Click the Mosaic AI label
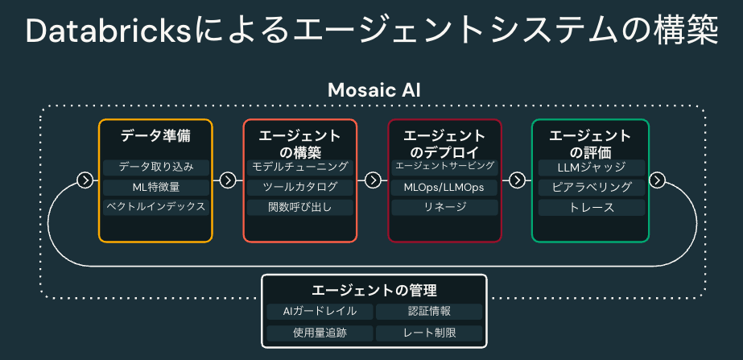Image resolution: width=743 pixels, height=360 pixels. (x=374, y=90)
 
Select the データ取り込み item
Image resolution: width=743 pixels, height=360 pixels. (x=156, y=167)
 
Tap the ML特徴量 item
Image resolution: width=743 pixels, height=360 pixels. (x=156, y=188)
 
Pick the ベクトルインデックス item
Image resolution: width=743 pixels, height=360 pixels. (x=156, y=207)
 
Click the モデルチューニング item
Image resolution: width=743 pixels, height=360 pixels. (x=300, y=167)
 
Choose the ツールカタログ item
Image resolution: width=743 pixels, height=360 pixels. (x=300, y=188)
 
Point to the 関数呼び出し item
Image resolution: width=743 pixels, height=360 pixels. (x=300, y=207)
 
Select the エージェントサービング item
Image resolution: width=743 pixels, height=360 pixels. (x=445, y=167)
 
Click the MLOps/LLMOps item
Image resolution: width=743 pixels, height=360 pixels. (x=445, y=188)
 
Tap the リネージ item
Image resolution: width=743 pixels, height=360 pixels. (x=445, y=207)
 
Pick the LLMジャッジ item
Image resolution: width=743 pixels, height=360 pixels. (x=592, y=167)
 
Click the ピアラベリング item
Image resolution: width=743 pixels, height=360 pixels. (x=592, y=188)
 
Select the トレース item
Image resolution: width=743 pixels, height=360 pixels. (x=592, y=207)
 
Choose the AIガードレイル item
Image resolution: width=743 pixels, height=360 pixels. (x=320, y=312)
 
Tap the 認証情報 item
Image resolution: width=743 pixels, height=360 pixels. (x=429, y=312)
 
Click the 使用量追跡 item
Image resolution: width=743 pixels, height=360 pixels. (x=320, y=333)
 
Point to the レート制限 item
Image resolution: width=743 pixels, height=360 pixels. (x=429, y=333)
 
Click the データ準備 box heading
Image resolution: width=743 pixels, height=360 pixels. (x=155, y=136)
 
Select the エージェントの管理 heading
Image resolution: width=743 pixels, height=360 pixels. (x=374, y=290)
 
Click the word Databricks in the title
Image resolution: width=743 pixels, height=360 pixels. (x=108, y=31)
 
